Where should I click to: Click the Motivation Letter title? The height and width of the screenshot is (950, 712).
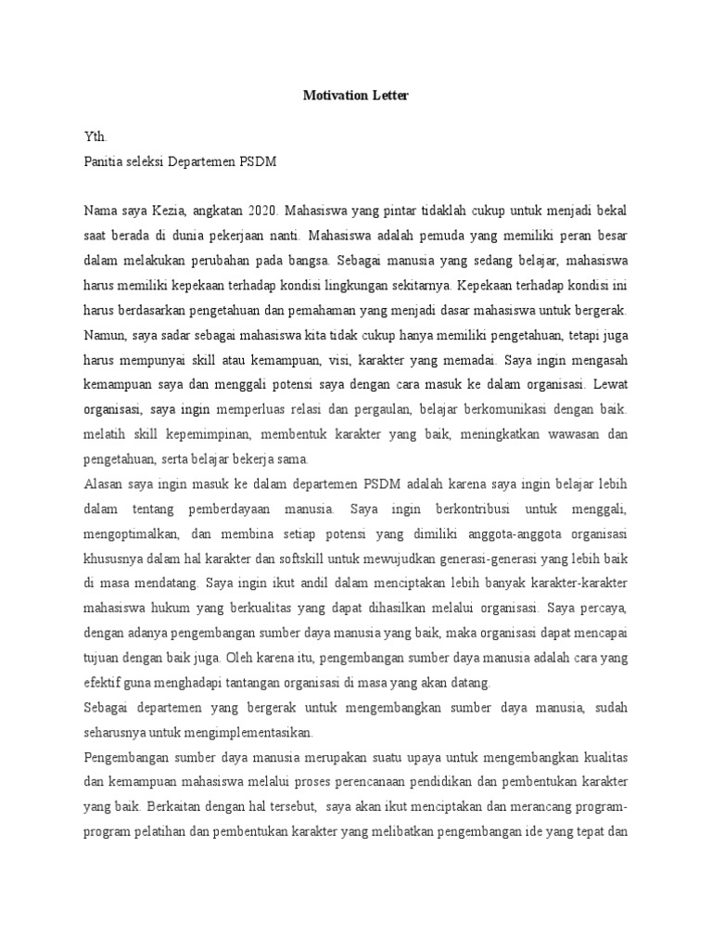pyautogui.click(x=355, y=95)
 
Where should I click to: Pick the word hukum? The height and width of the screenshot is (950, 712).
pyautogui.click(x=178, y=610)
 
